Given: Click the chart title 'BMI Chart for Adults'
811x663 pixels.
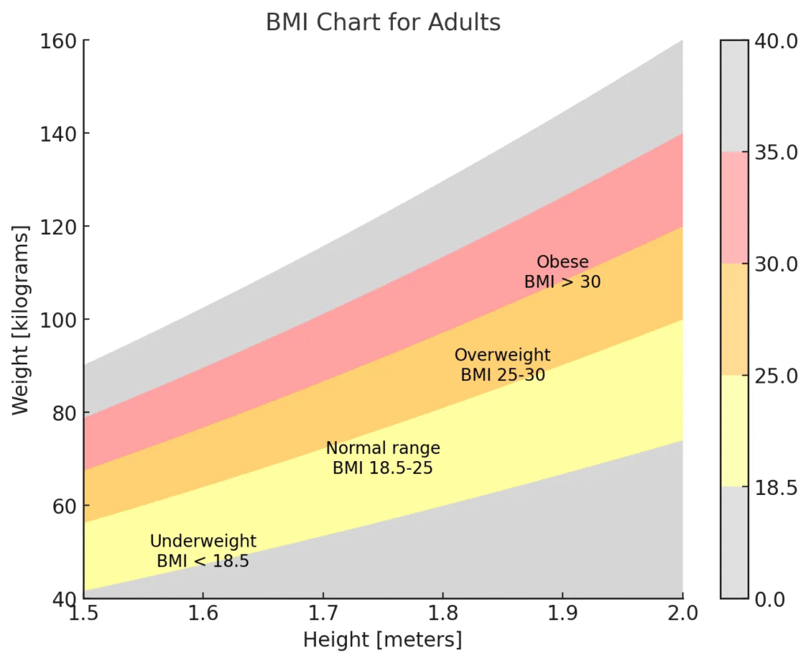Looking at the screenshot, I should [x=383, y=22].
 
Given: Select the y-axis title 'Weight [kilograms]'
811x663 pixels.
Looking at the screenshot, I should [x=21, y=319].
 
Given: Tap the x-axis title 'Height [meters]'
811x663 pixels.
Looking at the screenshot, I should [x=383, y=639].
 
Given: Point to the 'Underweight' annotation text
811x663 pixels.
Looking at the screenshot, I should [x=203, y=542].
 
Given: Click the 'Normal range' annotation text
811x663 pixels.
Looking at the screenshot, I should [x=383, y=448].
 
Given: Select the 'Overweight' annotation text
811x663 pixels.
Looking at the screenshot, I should [x=502, y=355].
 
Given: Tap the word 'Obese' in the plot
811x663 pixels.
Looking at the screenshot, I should [x=562, y=262].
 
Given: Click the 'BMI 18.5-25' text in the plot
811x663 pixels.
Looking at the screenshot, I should [x=383, y=468].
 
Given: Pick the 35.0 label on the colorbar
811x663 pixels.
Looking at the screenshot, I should [x=777, y=152].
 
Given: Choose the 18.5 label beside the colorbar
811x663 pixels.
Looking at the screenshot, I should [x=777, y=487].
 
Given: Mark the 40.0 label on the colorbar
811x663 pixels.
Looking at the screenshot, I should [x=777, y=41].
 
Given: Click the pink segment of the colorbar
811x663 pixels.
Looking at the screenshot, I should [x=734, y=208].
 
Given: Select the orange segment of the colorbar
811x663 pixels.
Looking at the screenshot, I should [x=734, y=319].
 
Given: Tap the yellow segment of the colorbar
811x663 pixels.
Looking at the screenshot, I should [x=734, y=431].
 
